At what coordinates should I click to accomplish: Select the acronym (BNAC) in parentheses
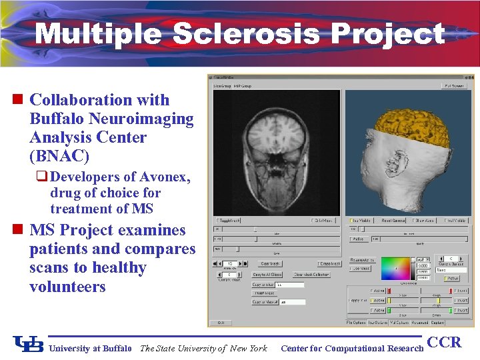tap(59, 157)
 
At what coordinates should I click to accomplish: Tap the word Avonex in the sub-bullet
tap(163, 177)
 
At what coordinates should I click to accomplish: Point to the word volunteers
tap(67, 287)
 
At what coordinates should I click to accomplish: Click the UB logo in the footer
tap(28, 344)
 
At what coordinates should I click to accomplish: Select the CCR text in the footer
tap(444, 343)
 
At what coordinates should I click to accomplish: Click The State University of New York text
tap(203, 348)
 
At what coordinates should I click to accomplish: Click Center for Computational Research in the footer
tap(352, 348)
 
